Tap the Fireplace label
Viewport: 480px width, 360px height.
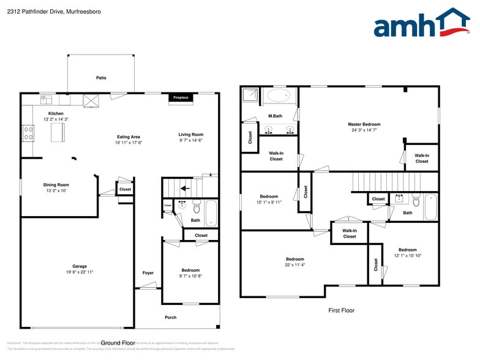(181, 97)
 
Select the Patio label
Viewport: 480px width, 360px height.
(101, 78)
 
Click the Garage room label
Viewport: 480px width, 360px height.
(80, 266)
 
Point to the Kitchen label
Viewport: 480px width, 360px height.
(56, 113)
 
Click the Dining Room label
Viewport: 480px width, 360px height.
(56, 184)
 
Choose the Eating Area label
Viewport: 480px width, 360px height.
(129, 137)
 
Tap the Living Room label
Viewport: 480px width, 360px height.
(191, 134)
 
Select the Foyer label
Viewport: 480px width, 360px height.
(148, 272)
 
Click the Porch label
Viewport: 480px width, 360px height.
(171, 317)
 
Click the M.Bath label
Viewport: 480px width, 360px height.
(276, 116)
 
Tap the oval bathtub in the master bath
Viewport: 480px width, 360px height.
(280, 96)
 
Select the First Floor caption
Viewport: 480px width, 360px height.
(341, 310)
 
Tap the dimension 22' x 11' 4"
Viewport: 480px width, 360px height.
(295, 265)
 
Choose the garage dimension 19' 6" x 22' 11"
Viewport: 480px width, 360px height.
(80, 272)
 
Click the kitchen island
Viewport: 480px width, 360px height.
(59, 132)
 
